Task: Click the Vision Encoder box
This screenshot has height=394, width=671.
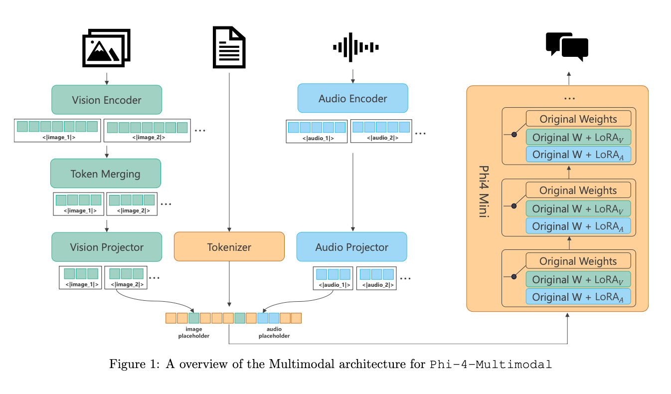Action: coord(107,100)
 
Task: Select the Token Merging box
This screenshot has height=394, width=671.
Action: coord(105,174)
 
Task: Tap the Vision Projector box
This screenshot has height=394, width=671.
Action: coord(107,247)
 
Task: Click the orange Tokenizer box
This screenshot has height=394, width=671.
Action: coord(229,247)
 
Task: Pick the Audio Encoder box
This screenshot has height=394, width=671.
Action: coord(352,98)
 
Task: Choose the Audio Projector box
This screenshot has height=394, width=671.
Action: coord(351,247)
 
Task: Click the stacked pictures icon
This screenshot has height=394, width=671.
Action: coord(106,48)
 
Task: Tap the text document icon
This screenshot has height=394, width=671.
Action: coord(229,47)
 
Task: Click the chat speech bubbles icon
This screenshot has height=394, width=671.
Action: coord(567,46)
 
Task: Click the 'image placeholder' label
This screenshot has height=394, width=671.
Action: coord(194,332)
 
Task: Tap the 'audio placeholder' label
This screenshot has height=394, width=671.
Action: coord(274,332)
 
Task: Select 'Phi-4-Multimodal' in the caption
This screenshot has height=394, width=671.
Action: coord(491,364)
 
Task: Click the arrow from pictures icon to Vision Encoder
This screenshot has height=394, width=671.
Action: coord(106,78)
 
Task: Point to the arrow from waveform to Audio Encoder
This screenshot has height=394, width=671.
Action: coord(353,76)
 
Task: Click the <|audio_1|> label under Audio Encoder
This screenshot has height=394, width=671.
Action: coord(317,138)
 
